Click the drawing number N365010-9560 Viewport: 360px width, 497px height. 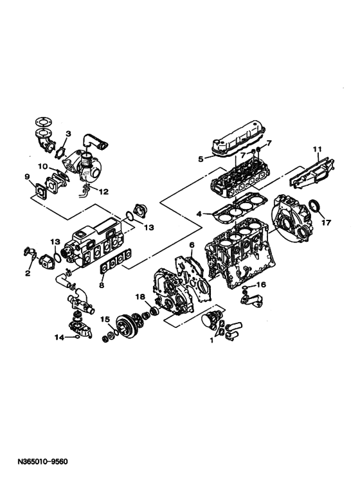[43, 461]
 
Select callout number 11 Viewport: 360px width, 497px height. [318, 149]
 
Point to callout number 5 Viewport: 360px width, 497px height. [201, 159]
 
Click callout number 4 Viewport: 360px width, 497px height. [199, 214]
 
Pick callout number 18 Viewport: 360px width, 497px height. [140, 296]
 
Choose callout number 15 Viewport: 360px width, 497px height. [105, 319]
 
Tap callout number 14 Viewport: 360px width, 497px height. [59, 338]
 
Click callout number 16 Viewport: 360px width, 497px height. [261, 285]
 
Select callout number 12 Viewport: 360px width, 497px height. [104, 192]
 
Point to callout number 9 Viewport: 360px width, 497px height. [27, 177]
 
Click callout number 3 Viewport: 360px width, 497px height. [67, 134]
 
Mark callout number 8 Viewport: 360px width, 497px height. [102, 285]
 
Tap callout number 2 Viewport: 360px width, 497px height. [28, 273]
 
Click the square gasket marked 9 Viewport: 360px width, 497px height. [40, 191]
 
